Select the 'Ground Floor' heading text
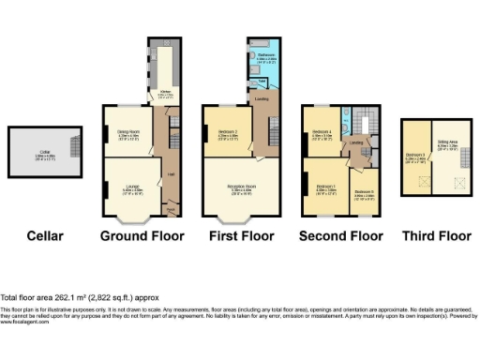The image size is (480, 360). tap(142, 235)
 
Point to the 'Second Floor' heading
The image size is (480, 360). tap(342, 235)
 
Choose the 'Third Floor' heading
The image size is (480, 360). tap(436, 235)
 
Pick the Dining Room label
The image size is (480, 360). tap(127, 133)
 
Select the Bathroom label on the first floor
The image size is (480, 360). tap(264, 57)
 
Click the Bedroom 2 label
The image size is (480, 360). tap(226, 133)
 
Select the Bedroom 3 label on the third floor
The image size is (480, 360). tap(415, 157)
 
